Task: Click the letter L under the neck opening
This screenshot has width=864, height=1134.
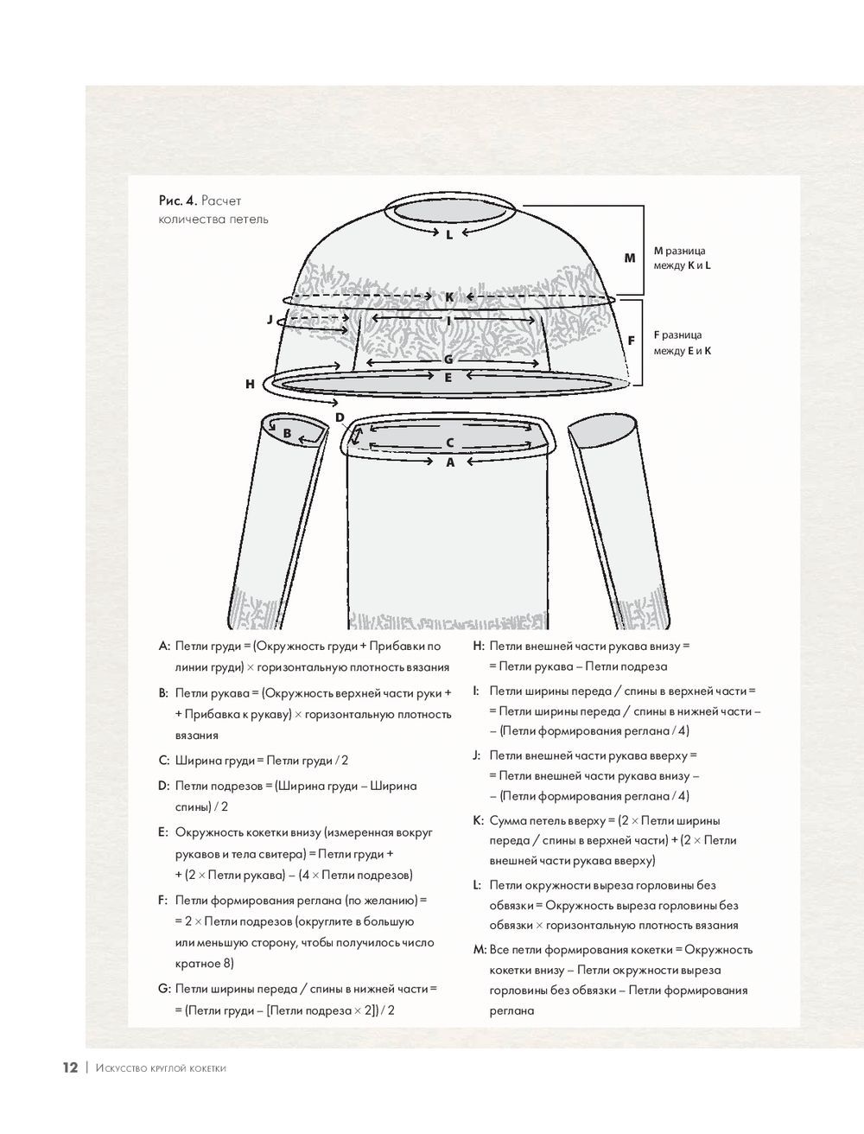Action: click(449, 234)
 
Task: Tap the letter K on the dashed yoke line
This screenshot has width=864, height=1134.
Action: click(449, 297)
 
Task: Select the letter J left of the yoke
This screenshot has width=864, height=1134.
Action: click(270, 320)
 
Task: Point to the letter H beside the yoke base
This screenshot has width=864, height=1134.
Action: click(250, 384)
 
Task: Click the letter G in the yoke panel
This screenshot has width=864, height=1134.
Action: click(448, 360)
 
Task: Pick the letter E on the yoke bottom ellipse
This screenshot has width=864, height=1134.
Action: click(448, 377)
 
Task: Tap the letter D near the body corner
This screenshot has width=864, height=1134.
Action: click(340, 417)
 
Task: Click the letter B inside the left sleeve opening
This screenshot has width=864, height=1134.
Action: click(288, 433)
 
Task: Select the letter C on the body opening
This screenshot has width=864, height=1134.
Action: click(449, 443)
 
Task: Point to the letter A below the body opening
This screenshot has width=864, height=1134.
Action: click(449, 462)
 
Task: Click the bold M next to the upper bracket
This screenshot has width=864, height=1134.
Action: click(630, 258)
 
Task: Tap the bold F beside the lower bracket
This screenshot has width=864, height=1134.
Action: click(631, 341)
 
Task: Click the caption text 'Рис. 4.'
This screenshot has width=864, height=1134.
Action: click(178, 201)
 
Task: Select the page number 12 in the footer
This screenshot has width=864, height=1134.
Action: click(70, 1067)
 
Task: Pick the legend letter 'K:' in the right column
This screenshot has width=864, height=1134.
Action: click(478, 821)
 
